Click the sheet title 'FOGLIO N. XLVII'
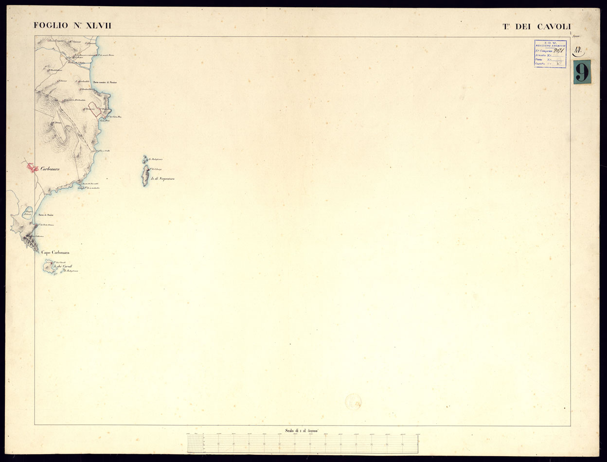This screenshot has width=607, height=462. tap(72, 26)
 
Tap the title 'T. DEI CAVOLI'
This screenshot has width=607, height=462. tap(536, 27)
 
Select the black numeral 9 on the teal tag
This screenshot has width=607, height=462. tap(582, 72)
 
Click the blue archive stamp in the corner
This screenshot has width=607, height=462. tap(550, 53)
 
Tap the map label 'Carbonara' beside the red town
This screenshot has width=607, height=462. tap(51, 169)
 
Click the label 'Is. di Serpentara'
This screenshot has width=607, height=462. tap(163, 179)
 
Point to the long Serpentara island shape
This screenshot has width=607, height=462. tap(145, 176)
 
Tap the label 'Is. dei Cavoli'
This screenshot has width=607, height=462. tap(64, 267)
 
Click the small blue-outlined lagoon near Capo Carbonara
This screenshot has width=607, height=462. tap(28, 213)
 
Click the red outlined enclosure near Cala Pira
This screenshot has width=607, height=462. tap(94, 109)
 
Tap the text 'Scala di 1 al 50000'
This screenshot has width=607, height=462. tap(302, 430)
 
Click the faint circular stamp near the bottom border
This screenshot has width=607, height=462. tap(353, 402)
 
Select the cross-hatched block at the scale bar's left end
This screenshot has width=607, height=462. tap(195, 444)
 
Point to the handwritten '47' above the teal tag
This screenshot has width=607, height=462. tap(579, 50)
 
